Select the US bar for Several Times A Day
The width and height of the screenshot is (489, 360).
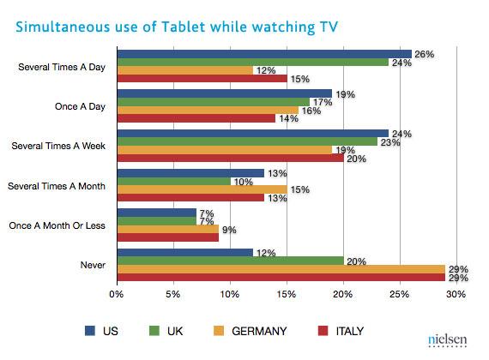click(263, 53)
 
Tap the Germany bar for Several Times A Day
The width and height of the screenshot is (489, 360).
click(184, 70)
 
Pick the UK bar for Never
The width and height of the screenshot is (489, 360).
click(230, 261)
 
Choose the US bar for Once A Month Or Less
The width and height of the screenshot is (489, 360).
click(156, 212)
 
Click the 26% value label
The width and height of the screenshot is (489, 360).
click(424, 54)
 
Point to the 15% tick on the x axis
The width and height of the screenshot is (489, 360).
click(287, 296)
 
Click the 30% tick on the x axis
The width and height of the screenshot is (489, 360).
click(456, 296)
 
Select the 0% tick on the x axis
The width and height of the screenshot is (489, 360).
click(117, 296)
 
